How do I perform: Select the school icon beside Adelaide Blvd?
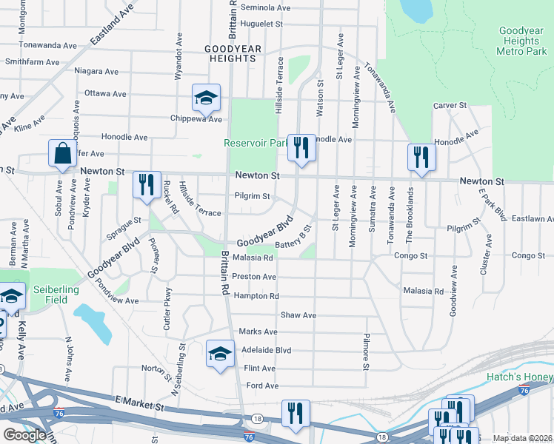tap(220, 355)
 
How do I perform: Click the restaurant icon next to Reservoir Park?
tap(301, 148)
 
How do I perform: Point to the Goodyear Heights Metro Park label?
tap(523, 41)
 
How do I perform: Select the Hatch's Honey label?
tap(519, 377)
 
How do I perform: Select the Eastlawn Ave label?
tap(532, 219)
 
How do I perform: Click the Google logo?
tap(25, 435)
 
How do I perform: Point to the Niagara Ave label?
tap(96, 72)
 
